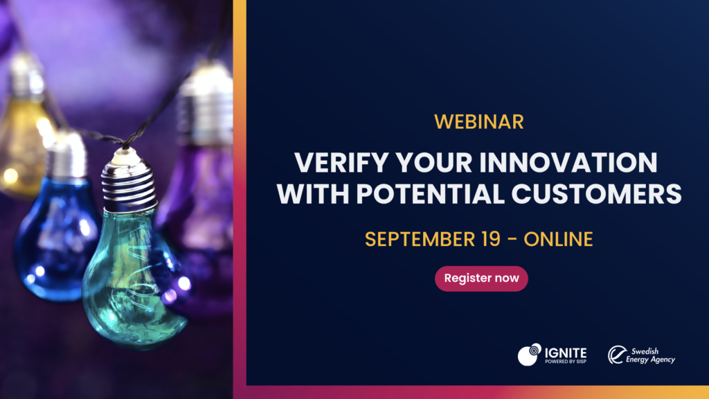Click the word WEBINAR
point(479,122)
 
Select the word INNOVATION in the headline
point(568,163)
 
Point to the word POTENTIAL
point(430,194)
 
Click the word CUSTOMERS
point(596,194)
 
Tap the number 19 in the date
point(490,239)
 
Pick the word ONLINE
point(558,239)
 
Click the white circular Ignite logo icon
point(530,354)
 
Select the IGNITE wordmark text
point(566,353)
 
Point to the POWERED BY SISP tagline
point(566,362)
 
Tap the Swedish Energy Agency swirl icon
point(617,355)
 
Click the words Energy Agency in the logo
point(650,360)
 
